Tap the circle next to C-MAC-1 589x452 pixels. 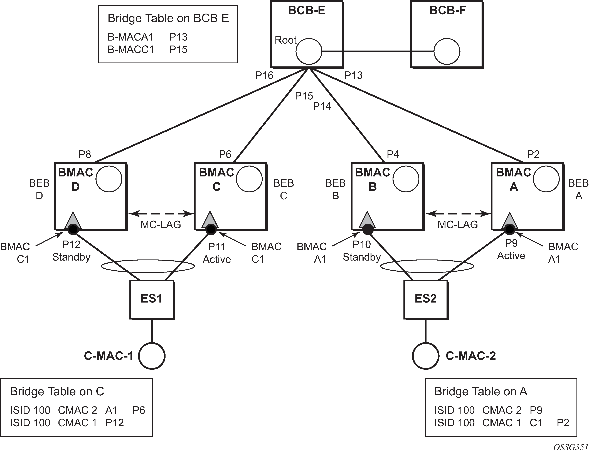click(x=152, y=356)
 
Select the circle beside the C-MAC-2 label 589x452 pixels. click(x=425, y=356)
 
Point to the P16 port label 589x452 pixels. click(x=264, y=76)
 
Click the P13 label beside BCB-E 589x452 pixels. click(x=353, y=75)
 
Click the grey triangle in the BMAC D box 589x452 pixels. click(x=73, y=220)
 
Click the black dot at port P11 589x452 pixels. click(x=211, y=229)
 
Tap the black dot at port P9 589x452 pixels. click(x=510, y=229)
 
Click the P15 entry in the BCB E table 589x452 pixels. click(x=178, y=49)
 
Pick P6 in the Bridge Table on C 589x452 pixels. click(x=139, y=410)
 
